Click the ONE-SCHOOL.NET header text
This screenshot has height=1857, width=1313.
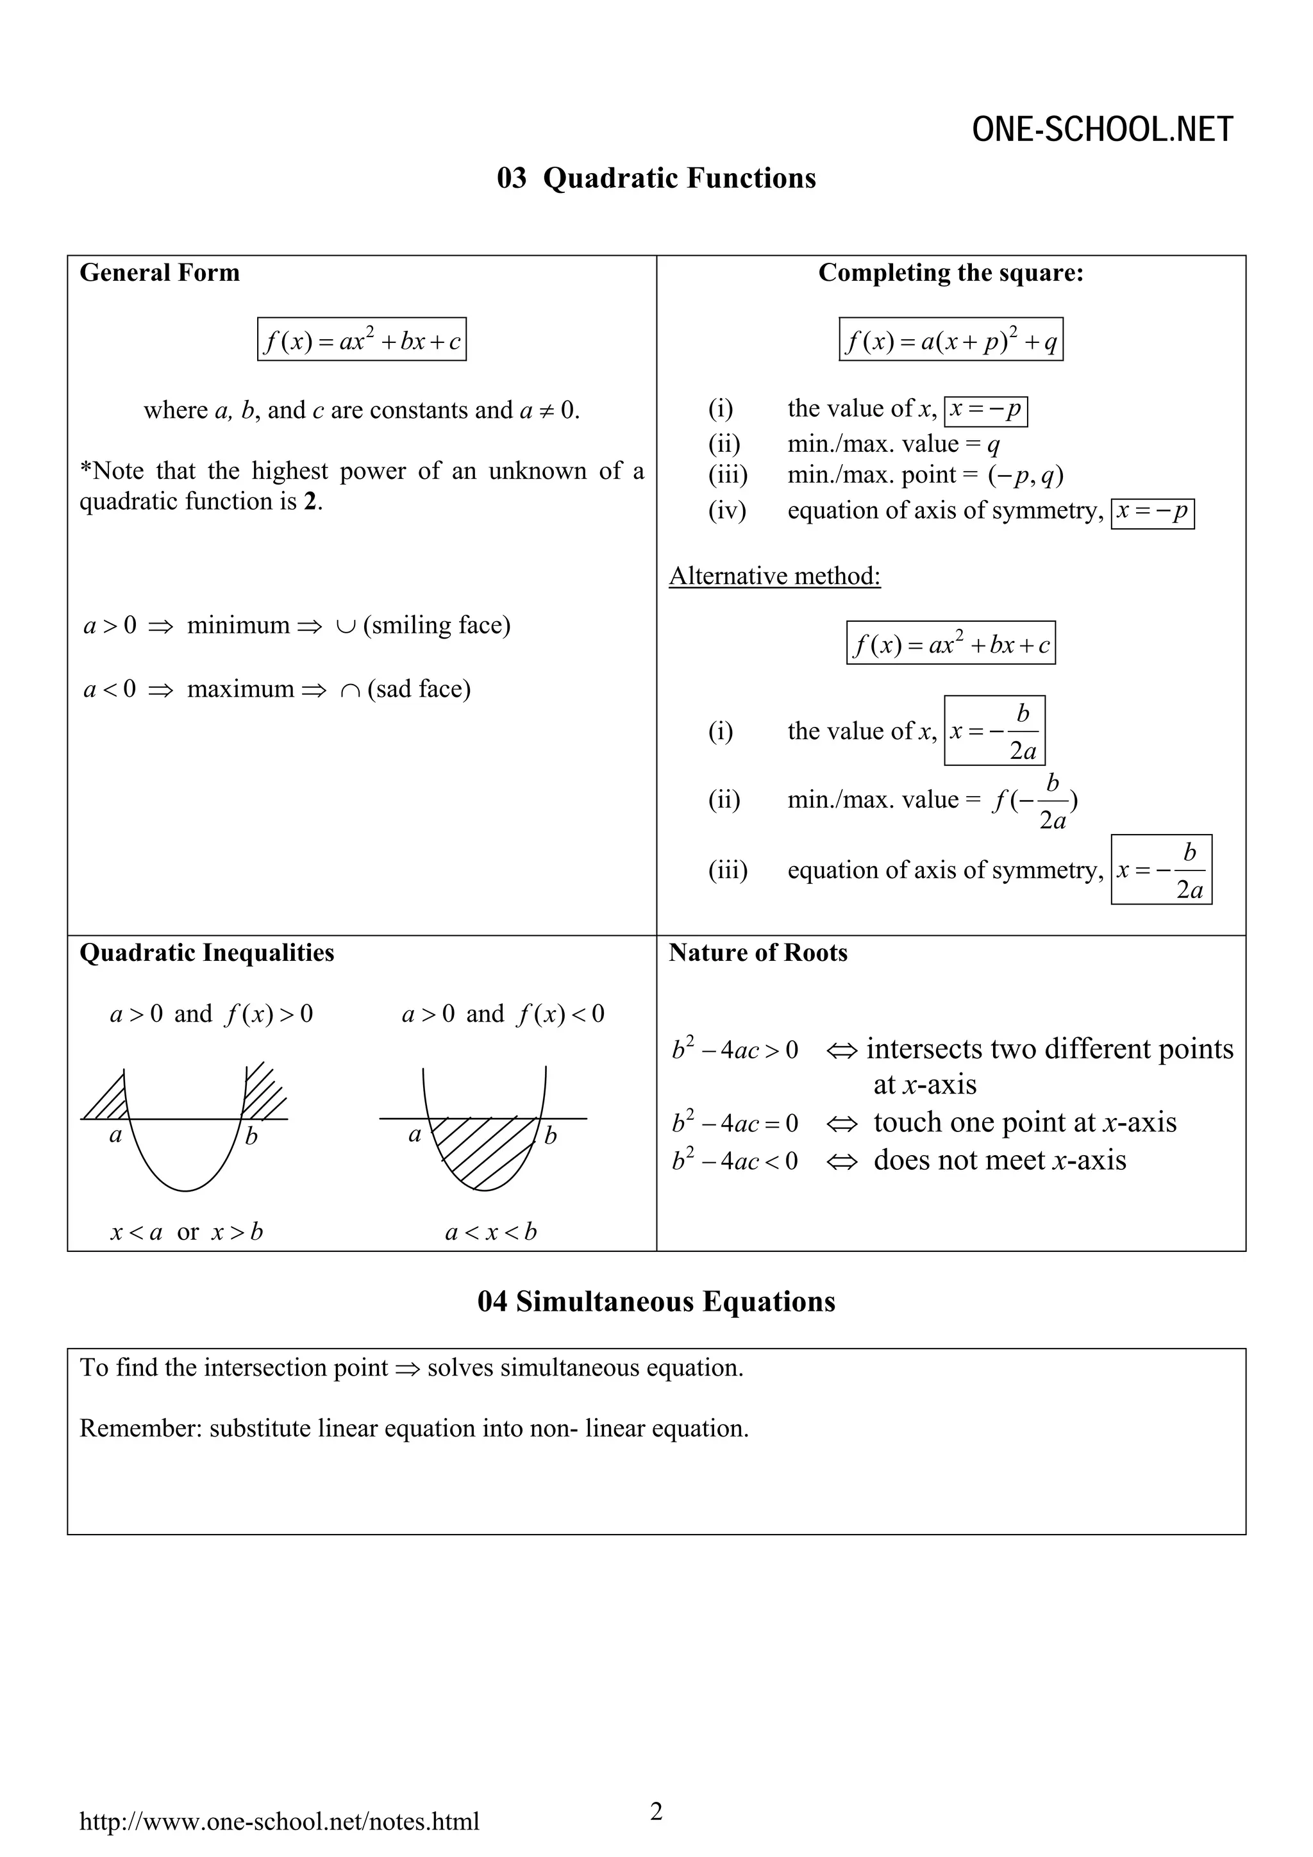(x=1102, y=129)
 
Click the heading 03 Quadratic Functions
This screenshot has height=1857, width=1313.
(x=656, y=178)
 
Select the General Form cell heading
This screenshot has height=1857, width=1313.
(x=160, y=272)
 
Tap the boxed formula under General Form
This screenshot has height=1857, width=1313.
(x=362, y=340)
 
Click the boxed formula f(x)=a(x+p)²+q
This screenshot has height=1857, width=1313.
(x=951, y=340)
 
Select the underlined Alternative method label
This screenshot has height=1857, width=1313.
(x=774, y=576)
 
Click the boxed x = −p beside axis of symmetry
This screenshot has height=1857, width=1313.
(x=1152, y=513)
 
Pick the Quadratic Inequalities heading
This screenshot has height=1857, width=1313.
(x=207, y=952)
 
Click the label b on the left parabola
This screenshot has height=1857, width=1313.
(x=251, y=1137)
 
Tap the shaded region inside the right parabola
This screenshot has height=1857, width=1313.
(x=483, y=1149)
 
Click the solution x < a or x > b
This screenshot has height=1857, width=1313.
(x=187, y=1232)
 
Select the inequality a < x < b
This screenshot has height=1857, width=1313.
(x=490, y=1232)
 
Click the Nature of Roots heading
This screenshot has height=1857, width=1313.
(x=758, y=952)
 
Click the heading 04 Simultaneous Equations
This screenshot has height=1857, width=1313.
(x=656, y=1301)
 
